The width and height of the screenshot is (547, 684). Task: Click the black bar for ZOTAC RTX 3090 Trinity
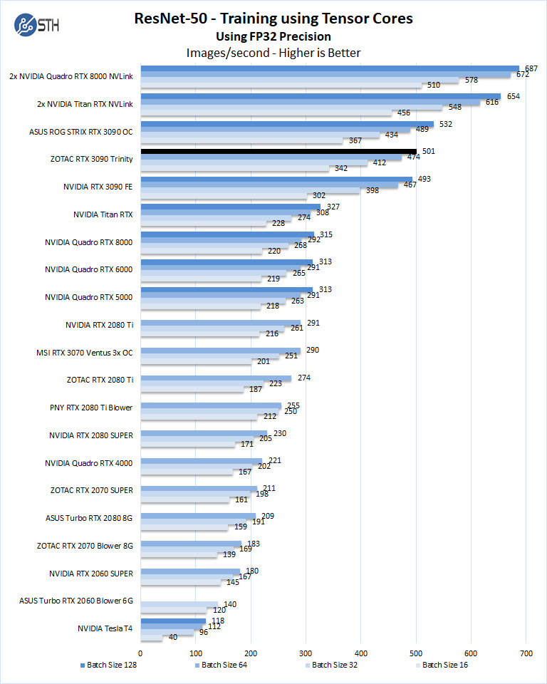pyautogui.click(x=278, y=152)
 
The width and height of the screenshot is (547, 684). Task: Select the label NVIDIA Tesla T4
pyautogui.click(x=105, y=628)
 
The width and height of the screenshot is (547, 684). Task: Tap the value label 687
pyautogui.click(x=530, y=68)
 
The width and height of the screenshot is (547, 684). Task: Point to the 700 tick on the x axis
pyautogui.click(x=526, y=652)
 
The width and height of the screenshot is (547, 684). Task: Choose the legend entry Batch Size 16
pyautogui.click(x=442, y=665)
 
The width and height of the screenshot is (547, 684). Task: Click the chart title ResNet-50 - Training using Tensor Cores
pyautogui.click(x=273, y=19)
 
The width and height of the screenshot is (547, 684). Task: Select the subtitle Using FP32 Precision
pyautogui.click(x=273, y=36)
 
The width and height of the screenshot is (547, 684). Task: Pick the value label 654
pyautogui.click(x=511, y=96)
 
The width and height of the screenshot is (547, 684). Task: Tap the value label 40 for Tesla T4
pyautogui.click(x=173, y=638)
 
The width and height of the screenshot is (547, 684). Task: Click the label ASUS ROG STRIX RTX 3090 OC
pyautogui.click(x=81, y=131)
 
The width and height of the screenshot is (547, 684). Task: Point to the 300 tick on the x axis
pyautogui.click(x=306, y=652)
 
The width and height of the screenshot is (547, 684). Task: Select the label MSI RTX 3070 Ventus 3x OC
pyautogui.click(x=85, y=352)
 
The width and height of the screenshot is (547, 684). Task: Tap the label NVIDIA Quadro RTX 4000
pyautogui.click(x=89, y=462)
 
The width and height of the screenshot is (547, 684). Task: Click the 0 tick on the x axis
pyautogui.click(x=141, y=652)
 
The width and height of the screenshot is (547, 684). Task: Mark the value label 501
pyautogui.click(x=428, y=151)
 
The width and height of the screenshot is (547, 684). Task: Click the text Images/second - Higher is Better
pyautogui.click(x=273, y=53)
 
